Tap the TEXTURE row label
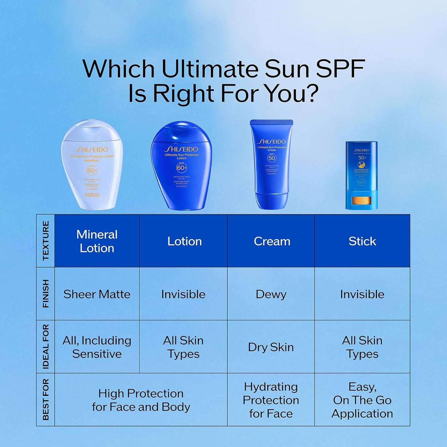click(45, 240)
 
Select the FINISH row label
click(45, 294)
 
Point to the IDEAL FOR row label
click(45, 347)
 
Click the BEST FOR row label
click(45, 399)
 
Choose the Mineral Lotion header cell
click(97, 241)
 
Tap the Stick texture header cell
click(362, 241)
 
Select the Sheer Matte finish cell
click(97, 294)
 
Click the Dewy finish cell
click(271, 294)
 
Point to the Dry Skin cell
click(271, 347)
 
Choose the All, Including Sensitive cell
click(97, 347)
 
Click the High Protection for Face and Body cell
click(141, 400)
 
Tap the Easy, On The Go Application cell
click(362, 400)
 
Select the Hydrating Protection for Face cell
click(271, 400)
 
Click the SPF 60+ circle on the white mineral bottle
click(91, 170)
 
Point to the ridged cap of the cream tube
click(271, 122)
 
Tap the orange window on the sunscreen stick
click(361, 201)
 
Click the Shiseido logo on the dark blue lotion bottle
click(181, 149)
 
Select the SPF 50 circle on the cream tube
click(272, 158)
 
